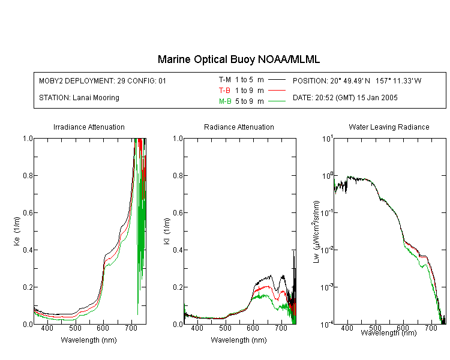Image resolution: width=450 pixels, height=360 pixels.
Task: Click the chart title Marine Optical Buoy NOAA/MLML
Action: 238,59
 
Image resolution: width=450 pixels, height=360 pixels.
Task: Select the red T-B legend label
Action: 224,91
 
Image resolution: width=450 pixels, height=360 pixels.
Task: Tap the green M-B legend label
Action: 225,101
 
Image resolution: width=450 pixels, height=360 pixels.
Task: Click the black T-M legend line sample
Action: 277,80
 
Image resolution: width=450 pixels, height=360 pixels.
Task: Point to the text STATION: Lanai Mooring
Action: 79,98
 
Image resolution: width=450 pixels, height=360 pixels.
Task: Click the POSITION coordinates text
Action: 357,80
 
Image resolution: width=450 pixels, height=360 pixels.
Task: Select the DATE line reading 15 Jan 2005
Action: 345,98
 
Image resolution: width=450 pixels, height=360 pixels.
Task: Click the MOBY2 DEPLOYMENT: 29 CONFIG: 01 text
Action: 103,80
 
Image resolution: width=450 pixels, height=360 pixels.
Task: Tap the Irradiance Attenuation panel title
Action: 89,127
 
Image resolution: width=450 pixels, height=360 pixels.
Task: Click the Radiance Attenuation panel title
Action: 239,127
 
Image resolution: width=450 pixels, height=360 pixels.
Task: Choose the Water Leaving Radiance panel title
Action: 389,127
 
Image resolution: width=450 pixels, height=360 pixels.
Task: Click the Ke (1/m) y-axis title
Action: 17,231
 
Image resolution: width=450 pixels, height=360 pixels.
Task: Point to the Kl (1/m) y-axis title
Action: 167,231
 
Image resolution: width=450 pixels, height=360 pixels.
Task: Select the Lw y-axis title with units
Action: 316,232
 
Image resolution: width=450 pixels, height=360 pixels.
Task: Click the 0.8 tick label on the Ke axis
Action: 28,175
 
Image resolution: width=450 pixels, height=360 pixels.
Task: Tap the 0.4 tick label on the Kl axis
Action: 178,250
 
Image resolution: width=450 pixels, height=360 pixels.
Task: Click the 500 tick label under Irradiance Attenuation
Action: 75,328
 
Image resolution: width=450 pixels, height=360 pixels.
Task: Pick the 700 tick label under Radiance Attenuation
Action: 281,328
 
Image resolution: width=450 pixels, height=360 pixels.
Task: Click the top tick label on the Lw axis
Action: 328,139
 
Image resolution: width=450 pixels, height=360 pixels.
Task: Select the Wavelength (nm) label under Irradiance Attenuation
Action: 89,340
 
